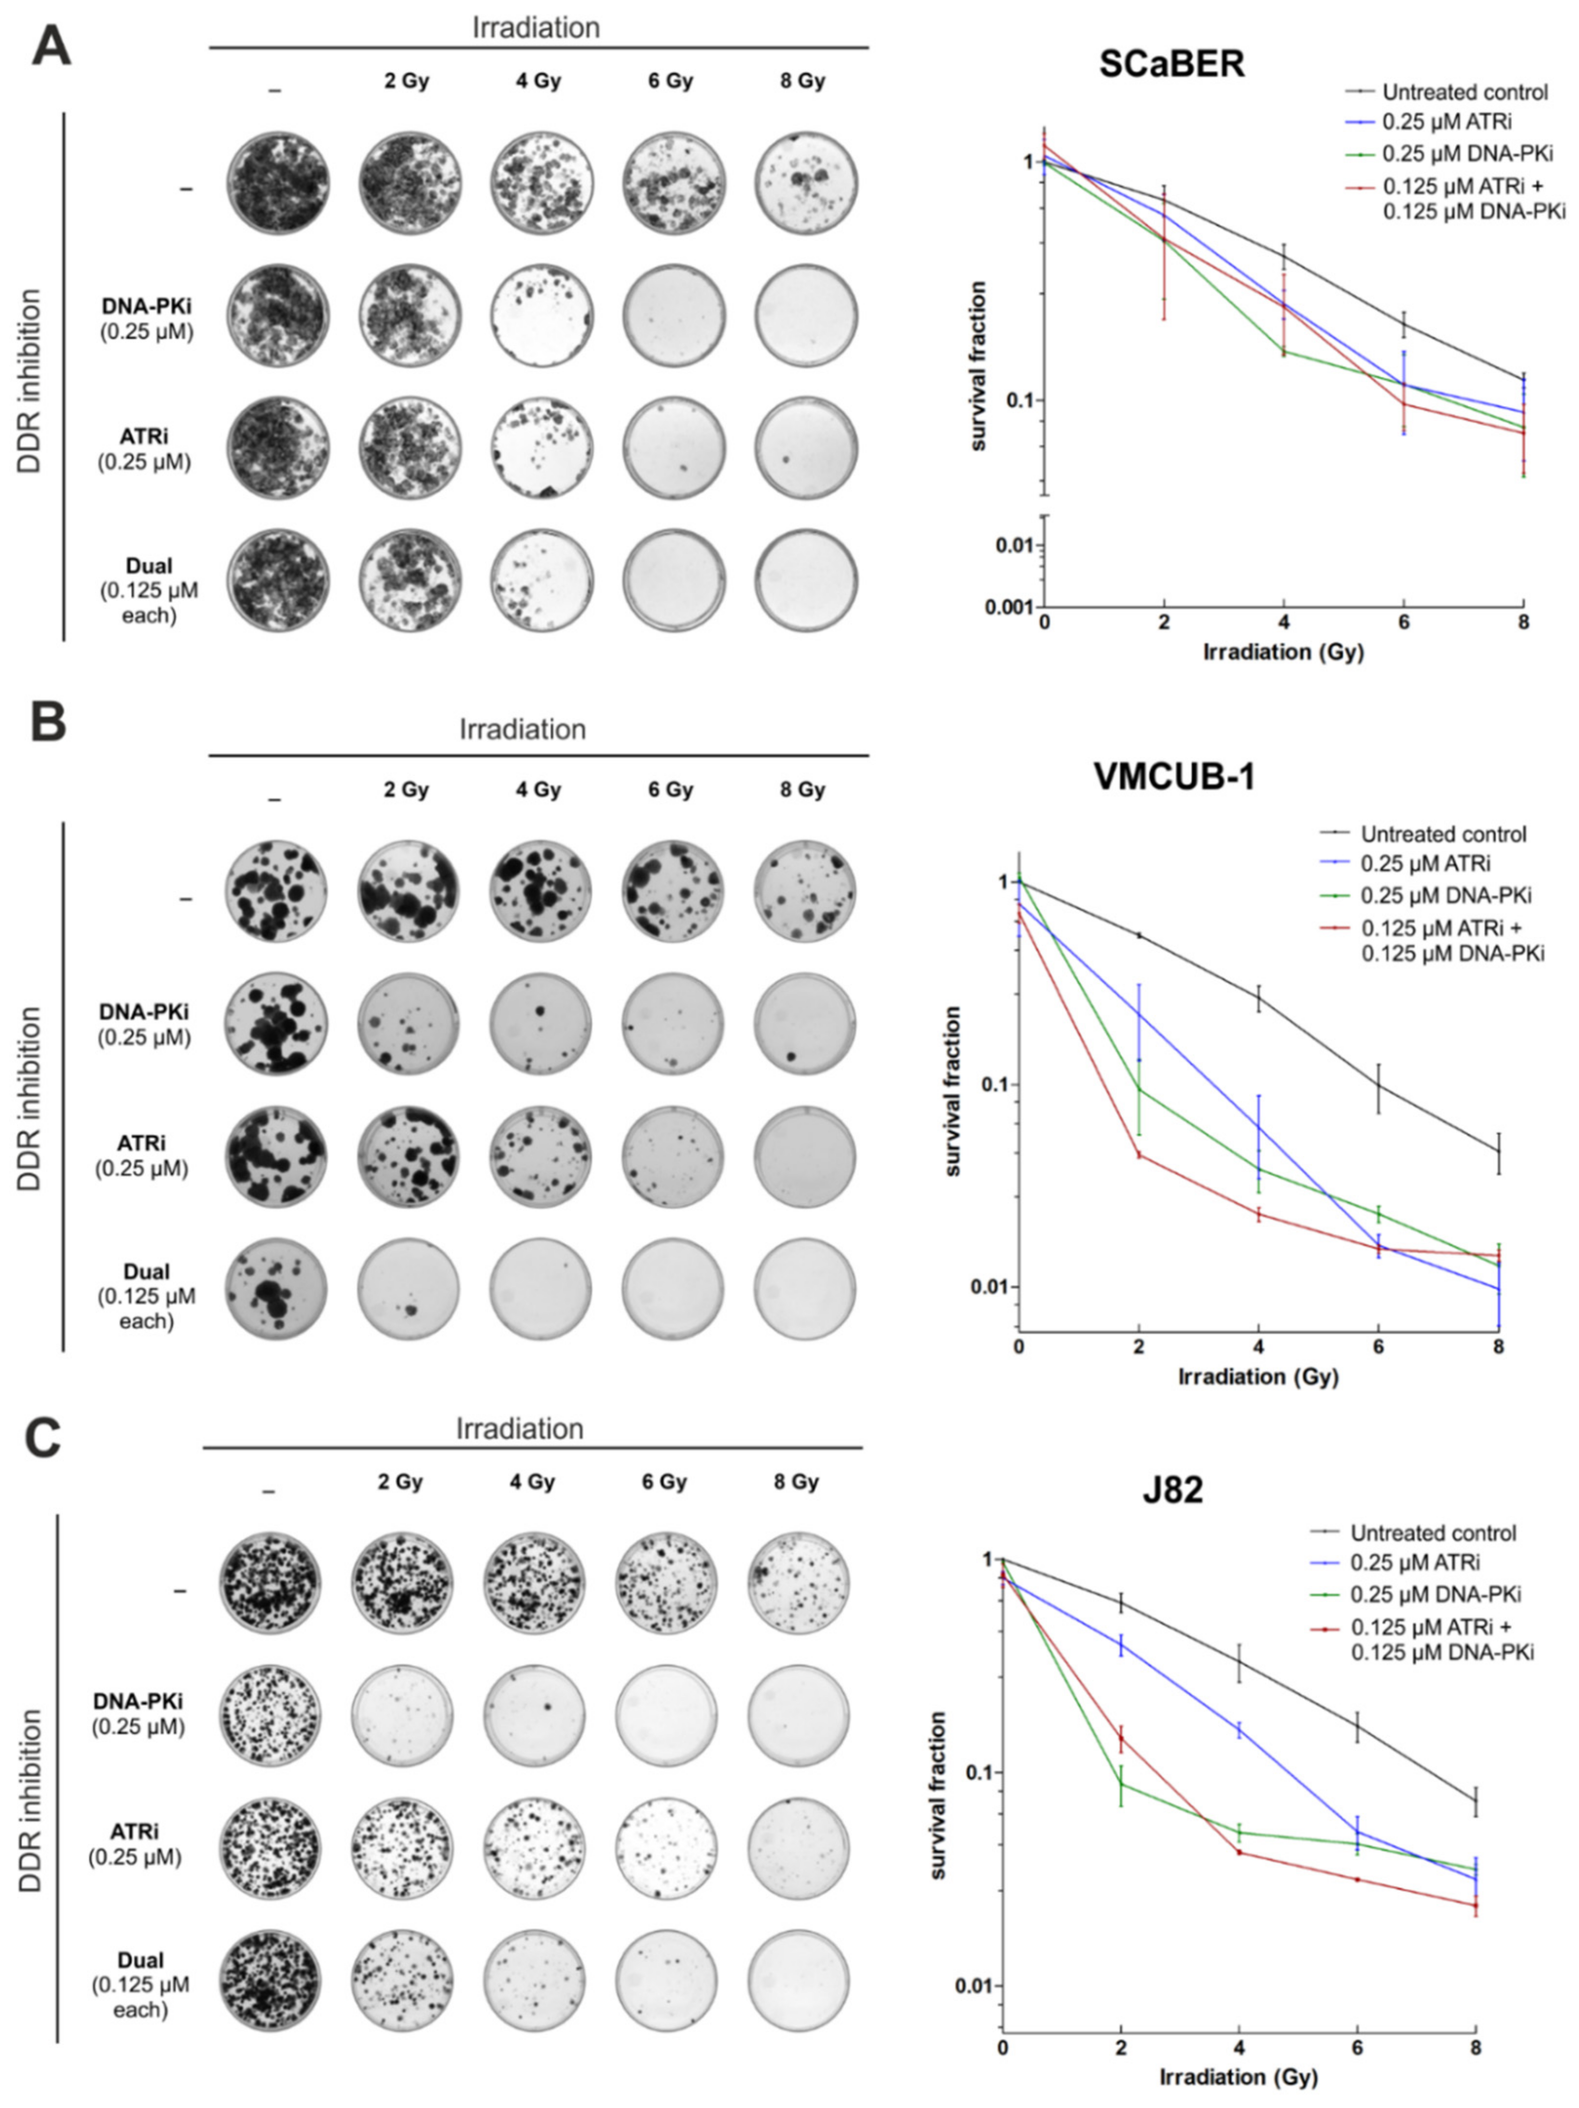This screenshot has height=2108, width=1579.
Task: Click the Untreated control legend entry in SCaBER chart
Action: [1463, 93]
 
